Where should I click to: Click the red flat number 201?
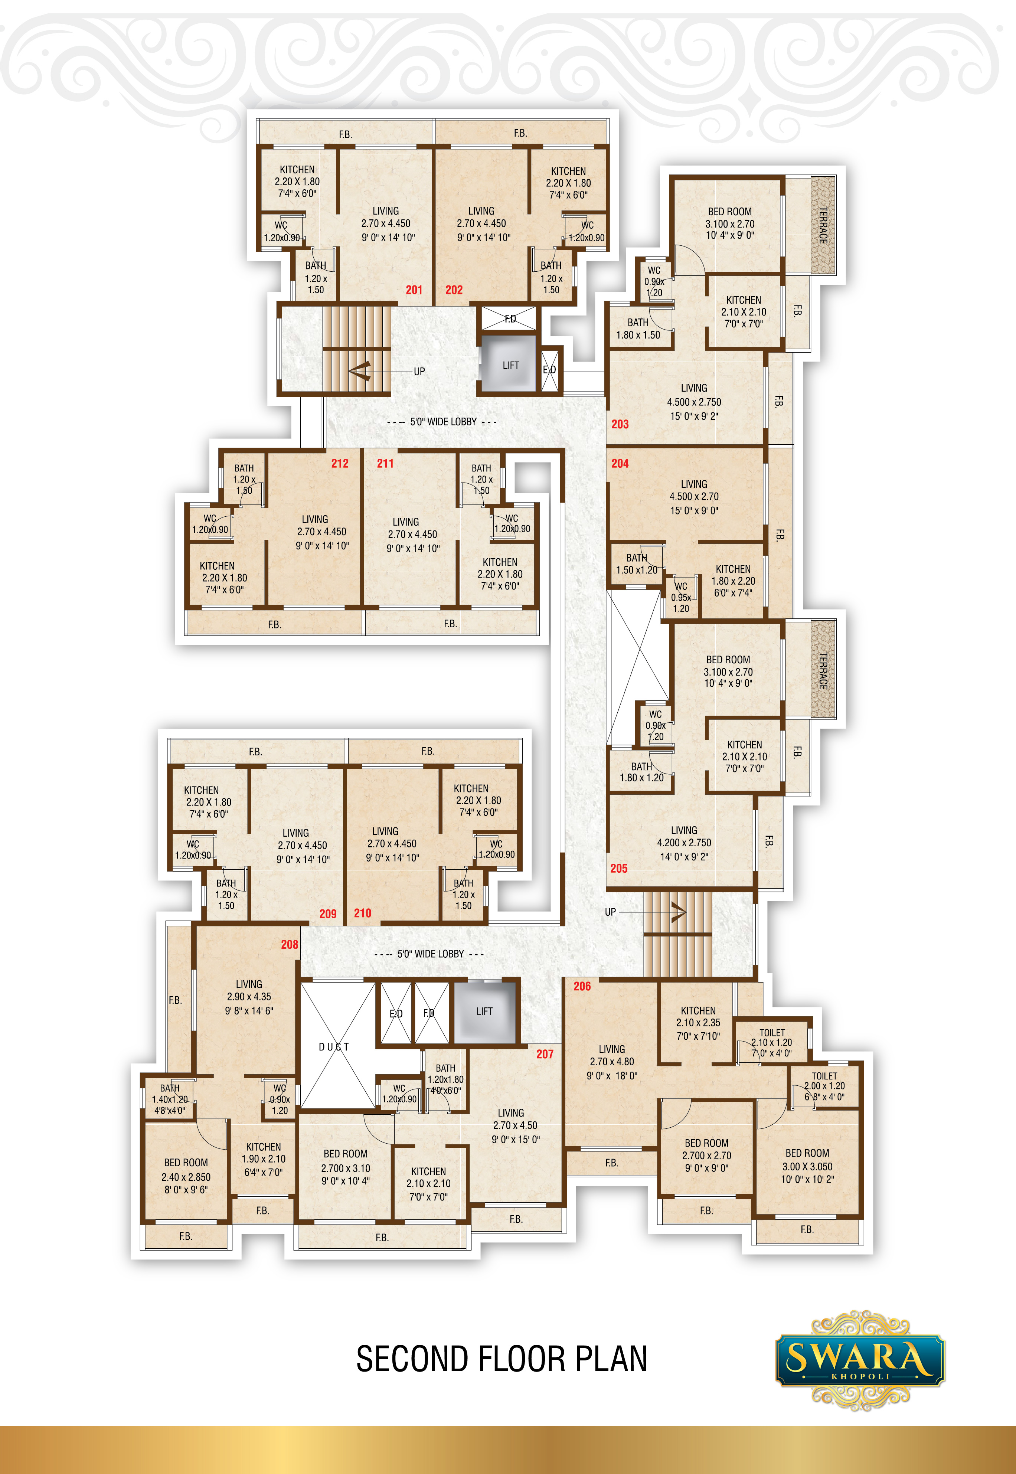[414, 290]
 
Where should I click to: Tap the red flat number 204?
[620, 463]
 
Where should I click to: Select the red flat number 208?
[290, 944]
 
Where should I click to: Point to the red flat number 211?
[385, 463]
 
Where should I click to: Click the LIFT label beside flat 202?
[510, 365]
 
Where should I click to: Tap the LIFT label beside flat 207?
[484, 1011]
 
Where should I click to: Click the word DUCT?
[334, 1047]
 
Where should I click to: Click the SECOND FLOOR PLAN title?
[502, 1359]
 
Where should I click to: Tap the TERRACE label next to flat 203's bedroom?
[823, 225]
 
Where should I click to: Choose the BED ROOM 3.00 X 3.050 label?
[807, 1166]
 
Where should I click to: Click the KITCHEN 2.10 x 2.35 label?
[698, 1023]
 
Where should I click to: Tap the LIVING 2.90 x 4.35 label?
[249, 997]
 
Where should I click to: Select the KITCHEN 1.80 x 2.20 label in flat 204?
[734, 581]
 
